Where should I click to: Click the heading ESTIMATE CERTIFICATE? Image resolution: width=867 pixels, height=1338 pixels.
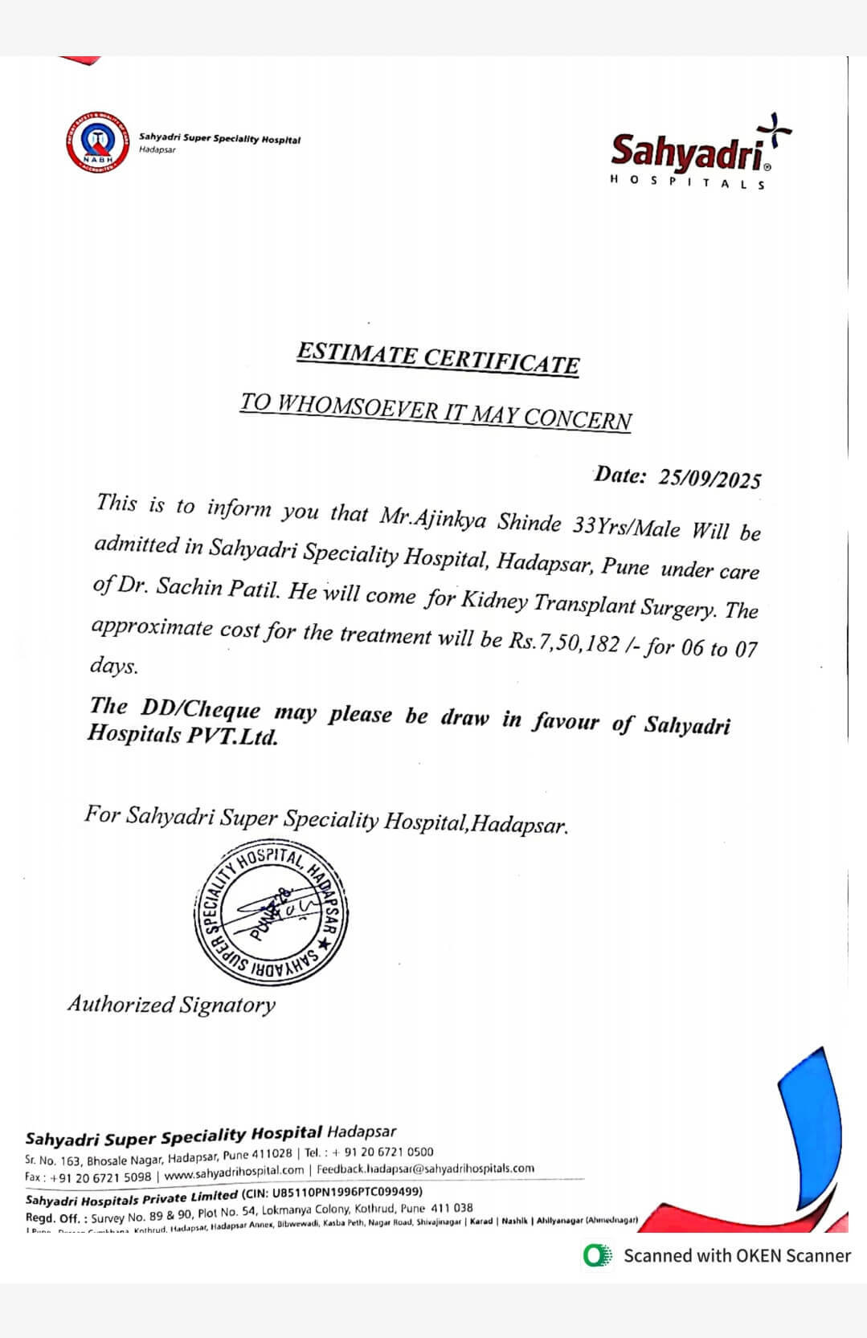click(x=437, y=358)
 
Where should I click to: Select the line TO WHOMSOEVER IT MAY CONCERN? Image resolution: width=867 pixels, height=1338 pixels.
click(x=436, y=412)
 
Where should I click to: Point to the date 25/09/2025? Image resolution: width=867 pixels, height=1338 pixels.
click(x=710, y=478)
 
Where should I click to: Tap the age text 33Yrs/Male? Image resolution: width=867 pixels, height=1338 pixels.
click(x=626, y=527)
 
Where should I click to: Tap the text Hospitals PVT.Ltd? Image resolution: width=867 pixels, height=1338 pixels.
click(x=182, y=735)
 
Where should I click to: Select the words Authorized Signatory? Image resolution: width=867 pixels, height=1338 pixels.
click(x=171, y=1004)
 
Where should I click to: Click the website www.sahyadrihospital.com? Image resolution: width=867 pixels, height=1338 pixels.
click(x=234, y=1173)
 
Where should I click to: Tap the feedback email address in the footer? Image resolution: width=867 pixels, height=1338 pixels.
click(x=425, y=1169)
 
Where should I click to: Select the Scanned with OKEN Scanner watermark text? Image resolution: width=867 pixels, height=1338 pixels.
click(x=737, y=1255)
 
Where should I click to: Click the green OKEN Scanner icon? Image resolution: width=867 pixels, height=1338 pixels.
click(x=597, y=1255)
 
